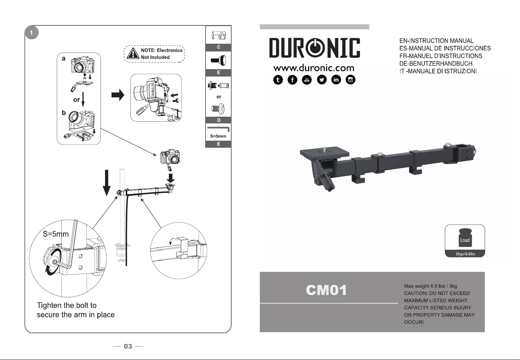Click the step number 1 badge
click(x=32, y=33)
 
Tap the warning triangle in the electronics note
click(x=133, y=54)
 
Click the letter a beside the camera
click(x=63, y=59)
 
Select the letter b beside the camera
click(x=64, y=112)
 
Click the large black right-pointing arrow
click(x=118, y=95)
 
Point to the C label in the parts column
click(x=219, y=47)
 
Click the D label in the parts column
click(x=219, y=120)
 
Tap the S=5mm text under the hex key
click(x=218, y=136)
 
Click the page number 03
click(x=128, y=346)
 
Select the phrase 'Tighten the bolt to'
click(x=67, y=305)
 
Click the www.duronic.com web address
click(x=314, y=68)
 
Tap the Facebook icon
click(x=292, y=80)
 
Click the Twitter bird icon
click(x=322, y=80)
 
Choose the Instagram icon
click(x=350, y=80)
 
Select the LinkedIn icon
click(x=336, y=80)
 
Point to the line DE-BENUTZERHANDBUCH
click(x=436, y=63)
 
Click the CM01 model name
click(x=326, y=291)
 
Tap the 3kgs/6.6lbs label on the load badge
click(x=465, y=254)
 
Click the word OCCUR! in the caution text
click(x=414, y=322)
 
